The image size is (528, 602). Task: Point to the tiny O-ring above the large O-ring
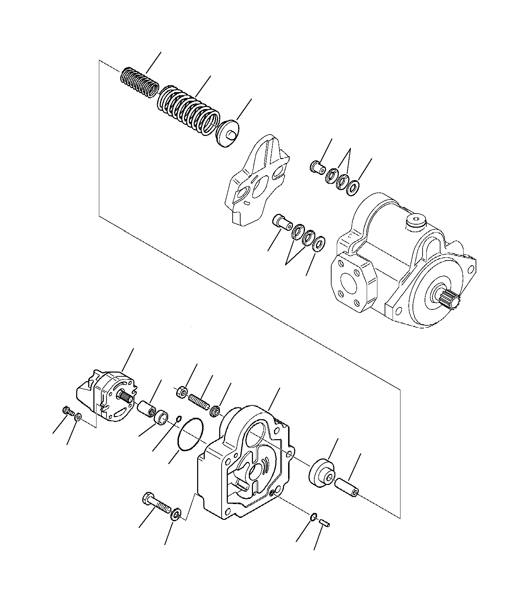[179, 419]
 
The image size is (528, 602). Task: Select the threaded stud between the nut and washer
[199, 402]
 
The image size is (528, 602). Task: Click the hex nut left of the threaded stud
[182, 393]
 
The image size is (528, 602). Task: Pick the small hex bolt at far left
[67, 411]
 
